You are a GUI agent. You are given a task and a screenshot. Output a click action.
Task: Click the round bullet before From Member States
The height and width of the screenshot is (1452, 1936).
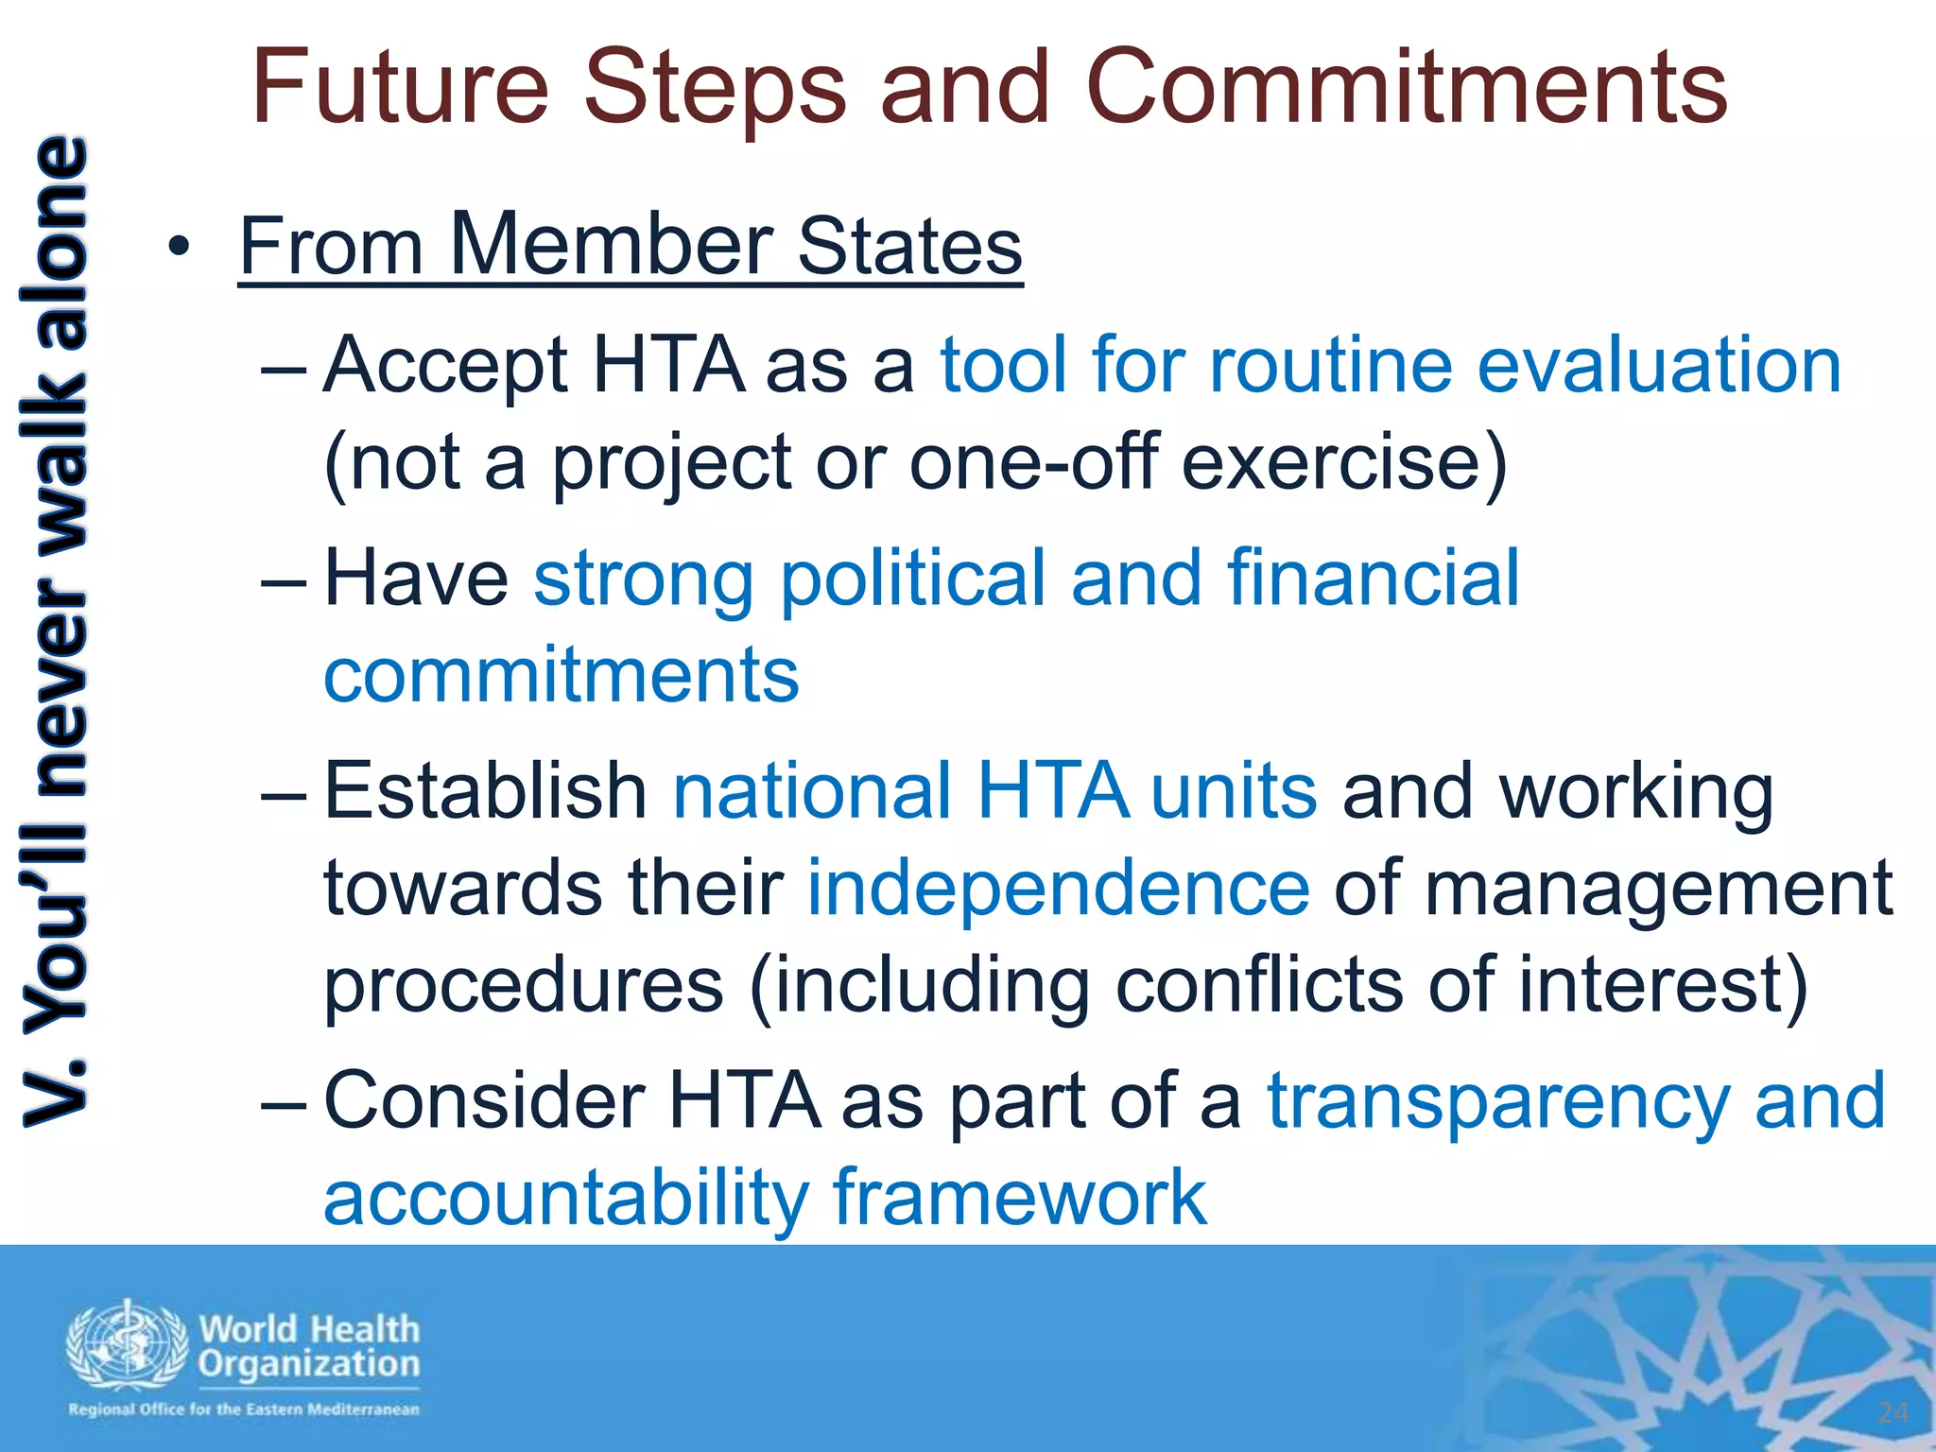pos(180,249)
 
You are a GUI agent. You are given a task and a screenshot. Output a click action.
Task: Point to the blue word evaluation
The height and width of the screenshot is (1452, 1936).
pos(1659,366)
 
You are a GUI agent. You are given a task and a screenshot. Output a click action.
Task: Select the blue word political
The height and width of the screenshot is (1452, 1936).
pos(912,579)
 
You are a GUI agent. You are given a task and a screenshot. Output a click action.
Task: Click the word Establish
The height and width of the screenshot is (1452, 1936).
pos(485,791)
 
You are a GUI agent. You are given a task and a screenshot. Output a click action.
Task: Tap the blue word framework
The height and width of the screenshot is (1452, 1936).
pos(1019,1198)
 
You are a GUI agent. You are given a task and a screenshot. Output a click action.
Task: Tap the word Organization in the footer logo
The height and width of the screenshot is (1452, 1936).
pos(309,1364)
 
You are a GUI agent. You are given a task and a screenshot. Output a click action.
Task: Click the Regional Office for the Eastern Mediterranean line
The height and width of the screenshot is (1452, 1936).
pos(243,1409)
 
